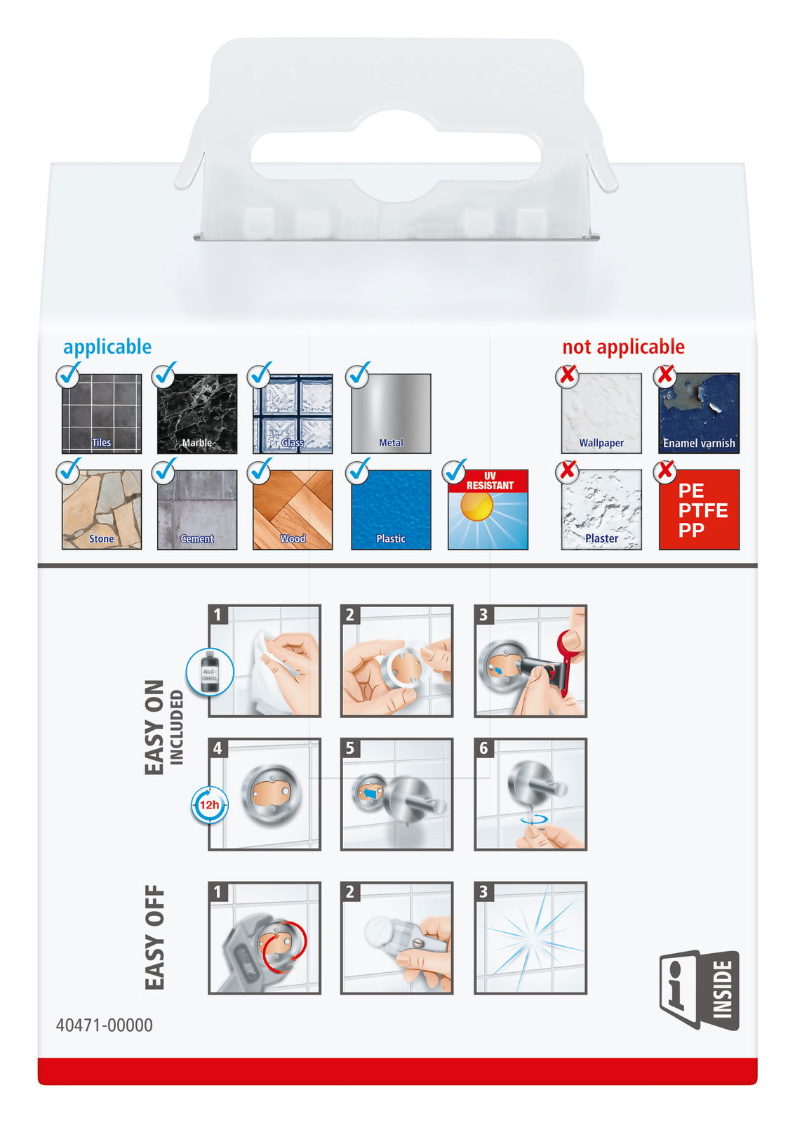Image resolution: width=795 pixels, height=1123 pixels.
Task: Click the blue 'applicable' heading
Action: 107,347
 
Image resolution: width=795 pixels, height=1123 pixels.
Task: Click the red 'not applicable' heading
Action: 623,347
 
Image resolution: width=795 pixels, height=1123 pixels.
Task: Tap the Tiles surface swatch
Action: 102,413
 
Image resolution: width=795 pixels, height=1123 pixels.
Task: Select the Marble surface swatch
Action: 197,413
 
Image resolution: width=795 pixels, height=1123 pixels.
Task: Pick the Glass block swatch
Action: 293,413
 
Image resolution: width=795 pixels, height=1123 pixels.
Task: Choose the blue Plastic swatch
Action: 391,510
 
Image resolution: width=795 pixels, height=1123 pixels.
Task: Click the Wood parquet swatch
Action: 293,510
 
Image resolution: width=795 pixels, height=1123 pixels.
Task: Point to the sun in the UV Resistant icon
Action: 476,507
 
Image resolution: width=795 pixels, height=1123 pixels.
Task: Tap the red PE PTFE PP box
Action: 699,510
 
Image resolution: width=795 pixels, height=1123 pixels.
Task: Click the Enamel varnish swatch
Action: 699,413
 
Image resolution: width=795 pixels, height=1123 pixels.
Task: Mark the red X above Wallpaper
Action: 567,376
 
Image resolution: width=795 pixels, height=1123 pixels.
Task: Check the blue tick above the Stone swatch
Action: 69,471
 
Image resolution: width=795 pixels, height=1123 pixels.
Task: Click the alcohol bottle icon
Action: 210,672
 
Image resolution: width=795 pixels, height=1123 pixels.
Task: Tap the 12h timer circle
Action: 209,805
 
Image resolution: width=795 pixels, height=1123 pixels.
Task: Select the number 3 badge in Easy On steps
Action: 483,615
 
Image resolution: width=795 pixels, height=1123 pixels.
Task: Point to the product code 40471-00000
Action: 105,1025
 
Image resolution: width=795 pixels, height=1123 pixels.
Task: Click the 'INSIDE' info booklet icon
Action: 699,990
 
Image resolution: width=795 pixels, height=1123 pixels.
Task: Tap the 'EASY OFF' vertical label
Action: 154,938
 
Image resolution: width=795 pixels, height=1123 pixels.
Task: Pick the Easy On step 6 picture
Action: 530,794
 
